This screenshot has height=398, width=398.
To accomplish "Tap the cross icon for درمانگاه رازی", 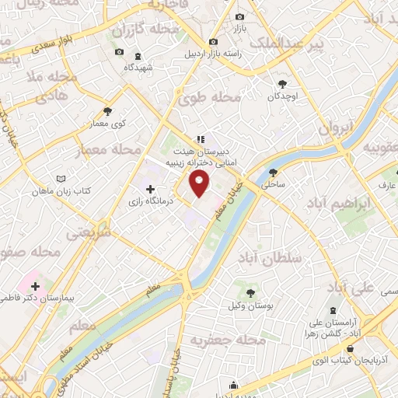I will click(150, 189).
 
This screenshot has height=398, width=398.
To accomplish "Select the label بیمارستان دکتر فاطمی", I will click(35, 298).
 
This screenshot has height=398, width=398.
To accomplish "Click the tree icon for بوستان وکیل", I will click(250, 293).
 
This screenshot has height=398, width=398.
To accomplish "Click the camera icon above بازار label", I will click(239, 17).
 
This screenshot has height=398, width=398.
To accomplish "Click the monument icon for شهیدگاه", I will click(138, 56).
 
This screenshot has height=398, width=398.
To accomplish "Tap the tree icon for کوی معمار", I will click(106, 110).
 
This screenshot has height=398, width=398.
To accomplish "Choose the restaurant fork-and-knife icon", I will click(201, 140).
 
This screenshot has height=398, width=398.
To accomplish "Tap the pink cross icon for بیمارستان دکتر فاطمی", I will click(35, 286).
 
